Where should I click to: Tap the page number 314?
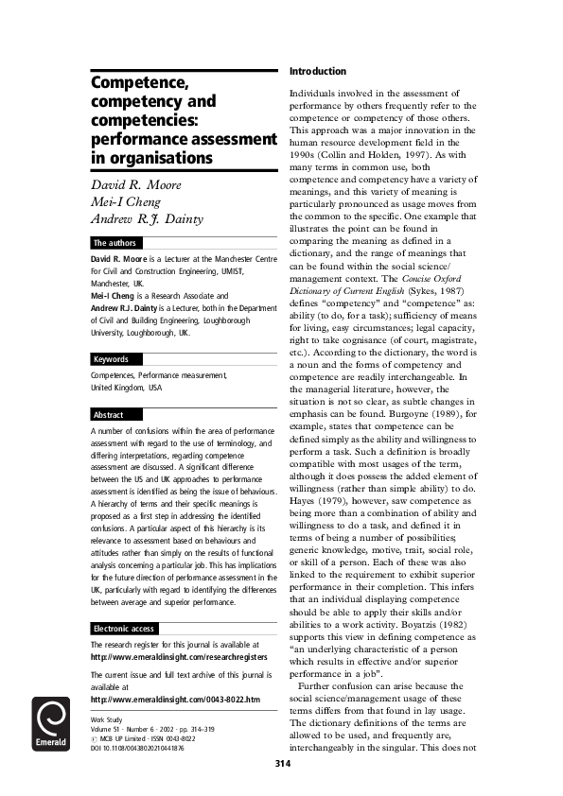pyautogui.click(x=282, y=763)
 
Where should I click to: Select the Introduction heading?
pyautogui.click(x=317, y=72)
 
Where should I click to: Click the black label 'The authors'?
pyautogui.click(x=115, y=243)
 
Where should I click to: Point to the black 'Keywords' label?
pyautogui.click(x=113, y=359)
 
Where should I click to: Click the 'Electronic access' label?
pyautogui.click(x=124, y=629)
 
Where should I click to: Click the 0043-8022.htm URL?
pyautogui.click(x=175, y=699)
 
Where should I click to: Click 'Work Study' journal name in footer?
pyautogui.click(x=108, y=719)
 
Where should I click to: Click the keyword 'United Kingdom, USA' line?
pyautogui.click(x=126, y=388)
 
